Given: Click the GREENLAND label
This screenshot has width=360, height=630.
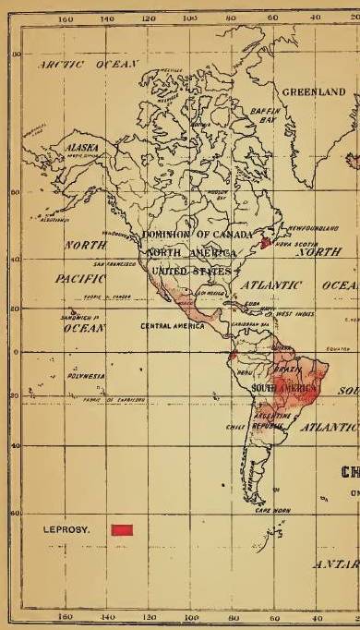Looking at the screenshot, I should [x=314, y=92].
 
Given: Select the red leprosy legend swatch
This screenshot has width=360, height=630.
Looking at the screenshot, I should [x=122, y=529].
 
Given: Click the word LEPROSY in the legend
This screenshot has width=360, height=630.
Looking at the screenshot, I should [x=65, y=529].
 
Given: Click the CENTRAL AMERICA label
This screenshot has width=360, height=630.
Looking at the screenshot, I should [x=171, y=327].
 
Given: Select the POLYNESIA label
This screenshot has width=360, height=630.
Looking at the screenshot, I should [x=62, y=379].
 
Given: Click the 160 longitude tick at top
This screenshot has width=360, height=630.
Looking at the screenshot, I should [x=65, y=18].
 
